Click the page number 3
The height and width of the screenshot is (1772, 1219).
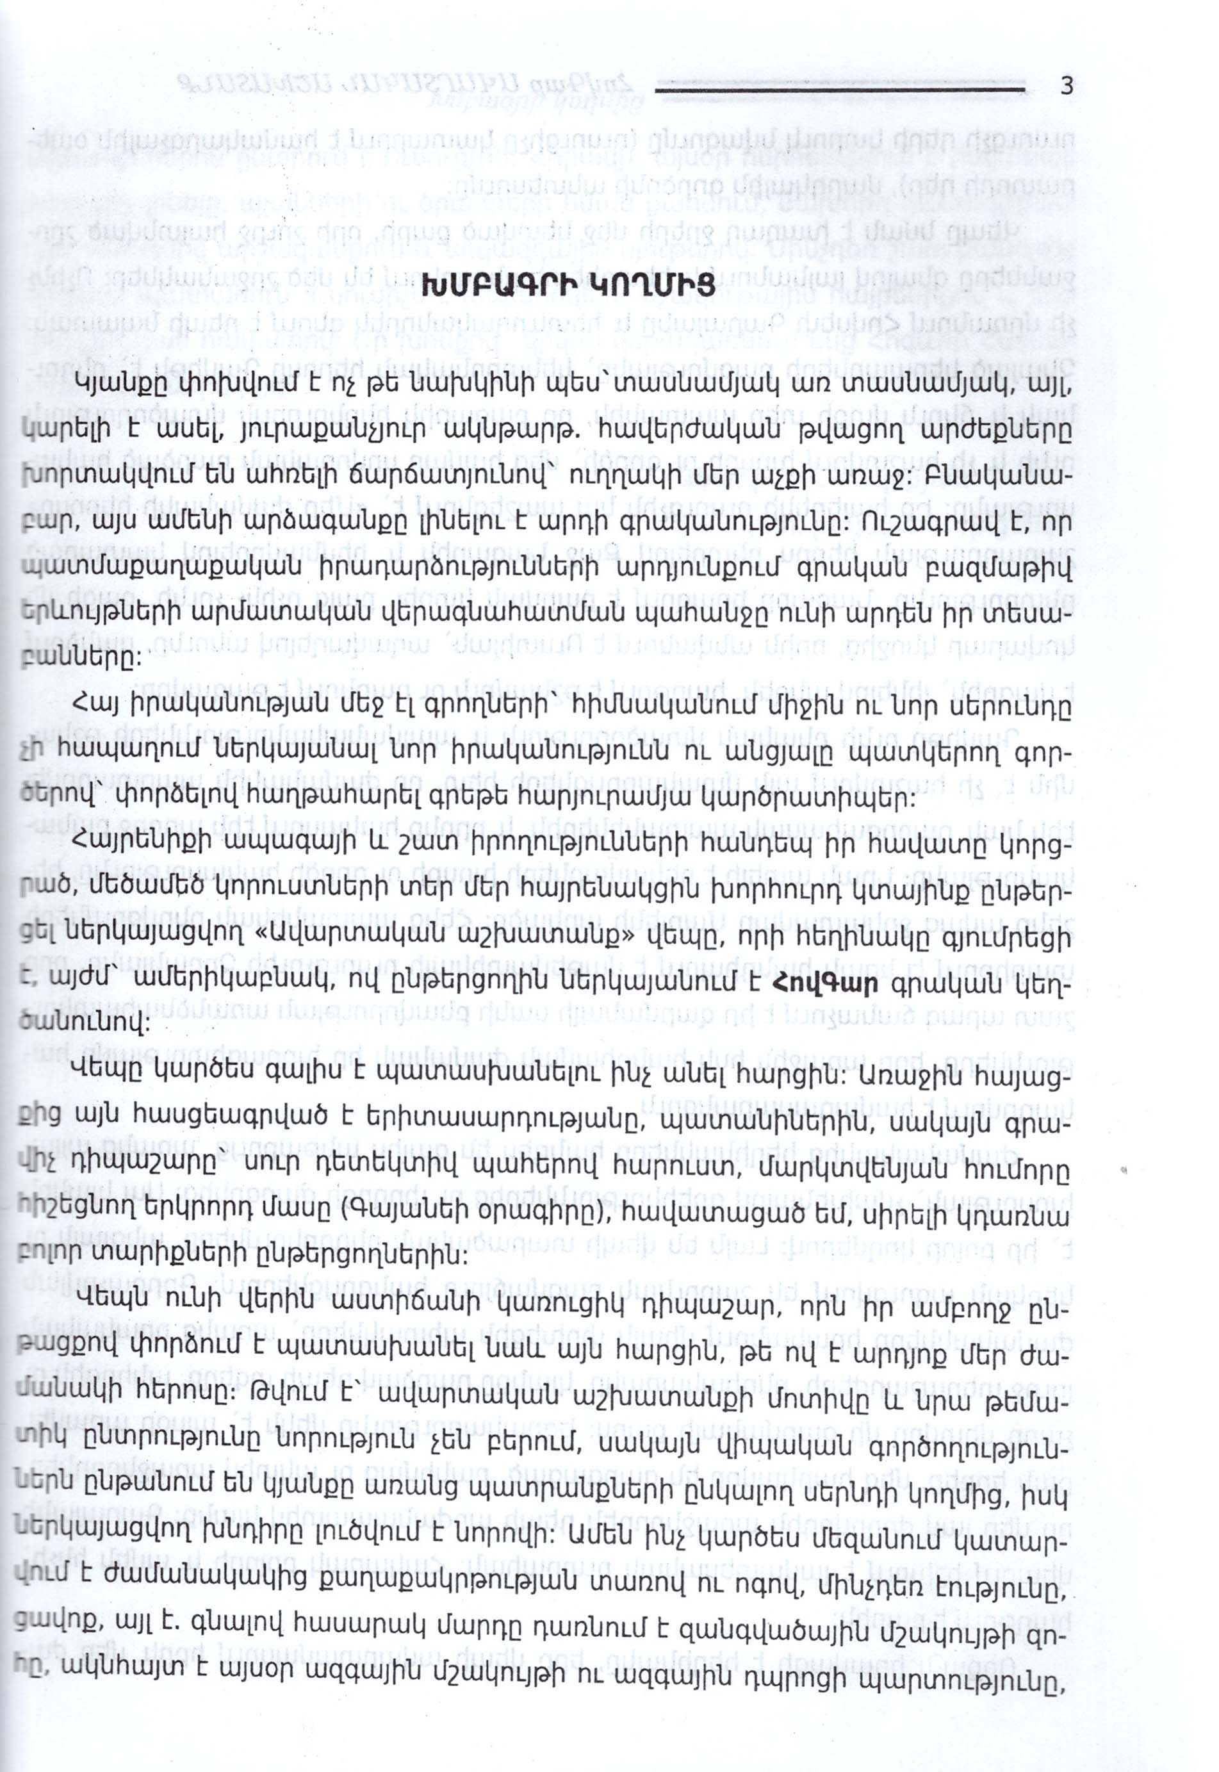(1067, 86)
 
